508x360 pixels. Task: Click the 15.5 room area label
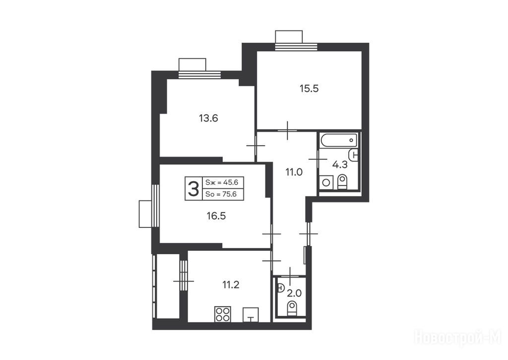tap(309, 88)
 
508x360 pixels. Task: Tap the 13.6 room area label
tap(208, 118)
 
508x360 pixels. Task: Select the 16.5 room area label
tap(216, 216)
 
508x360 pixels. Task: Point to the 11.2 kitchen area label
tap(231, 285)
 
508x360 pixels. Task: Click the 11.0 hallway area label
tap(294, 172)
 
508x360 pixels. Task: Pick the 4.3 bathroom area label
tap(340, 165)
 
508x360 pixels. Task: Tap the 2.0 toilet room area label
tap(295, 293)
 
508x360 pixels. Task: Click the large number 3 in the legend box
tap(193, 189)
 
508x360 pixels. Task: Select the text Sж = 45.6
tap(222, 183)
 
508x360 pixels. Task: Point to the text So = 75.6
tap(221, 194)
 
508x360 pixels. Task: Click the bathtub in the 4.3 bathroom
tap(339, 141)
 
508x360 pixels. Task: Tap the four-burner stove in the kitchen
tap(223, 314)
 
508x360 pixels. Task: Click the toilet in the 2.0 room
tap(292, 308)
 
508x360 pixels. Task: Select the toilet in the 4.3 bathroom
tap(342, 182)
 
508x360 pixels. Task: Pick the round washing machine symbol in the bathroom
tap(326, 183)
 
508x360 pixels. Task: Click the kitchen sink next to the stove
tap(251, 315)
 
